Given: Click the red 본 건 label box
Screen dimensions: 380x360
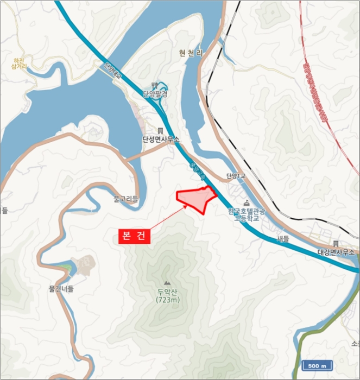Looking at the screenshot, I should [134, 237].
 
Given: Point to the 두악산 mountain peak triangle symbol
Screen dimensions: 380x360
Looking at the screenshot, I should [166, 283].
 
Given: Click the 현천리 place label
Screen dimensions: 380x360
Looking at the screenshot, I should [191, 53].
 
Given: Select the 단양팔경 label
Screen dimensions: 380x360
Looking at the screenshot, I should [155, 93].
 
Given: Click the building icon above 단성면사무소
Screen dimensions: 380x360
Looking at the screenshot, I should [160, 131].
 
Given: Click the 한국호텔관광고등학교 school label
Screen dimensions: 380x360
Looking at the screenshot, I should [248, 214].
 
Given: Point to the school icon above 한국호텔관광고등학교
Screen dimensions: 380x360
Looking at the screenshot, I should [247, 202].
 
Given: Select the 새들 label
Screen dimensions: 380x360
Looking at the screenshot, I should [282, 238].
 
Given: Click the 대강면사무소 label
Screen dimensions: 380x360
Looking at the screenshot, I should [336, 252].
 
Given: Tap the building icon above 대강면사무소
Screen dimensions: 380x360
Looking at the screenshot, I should [336, 244].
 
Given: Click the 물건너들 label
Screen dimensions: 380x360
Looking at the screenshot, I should [61, 289].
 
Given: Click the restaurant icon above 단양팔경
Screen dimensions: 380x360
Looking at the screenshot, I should [155, 85].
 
